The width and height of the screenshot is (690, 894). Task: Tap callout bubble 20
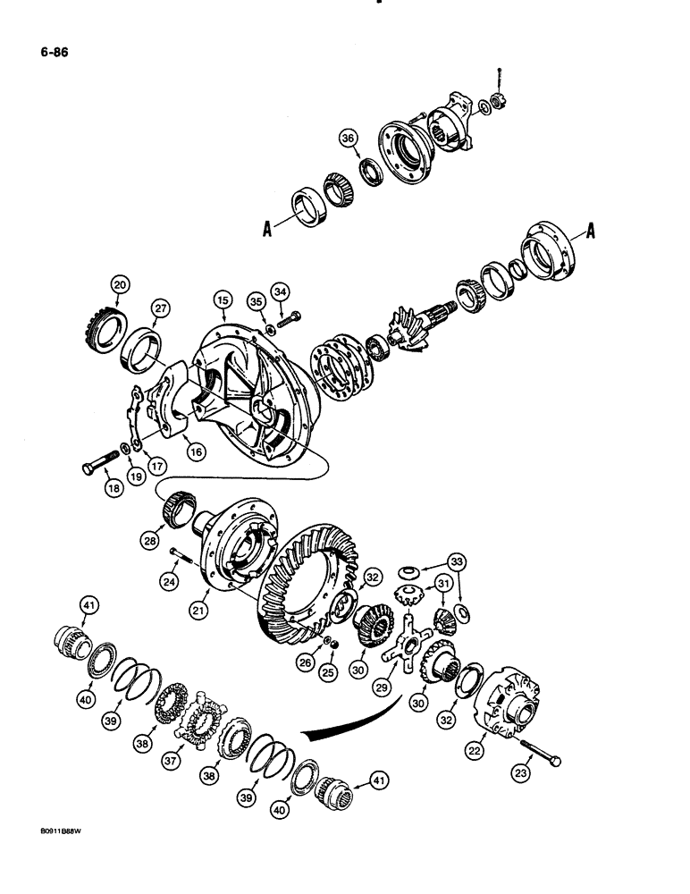pyautogui.click(x=119, y=285)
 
